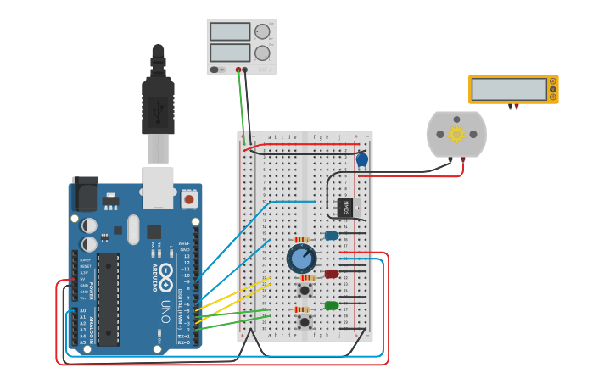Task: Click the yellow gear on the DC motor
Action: [x=456, y=134]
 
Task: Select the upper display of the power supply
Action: [x=229, y=32]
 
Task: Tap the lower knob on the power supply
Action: [x=262, y=53]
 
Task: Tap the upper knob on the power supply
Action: [x=262, y=32]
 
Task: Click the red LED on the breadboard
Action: [x=332, y=274]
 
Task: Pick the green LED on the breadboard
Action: [x=332, y=305]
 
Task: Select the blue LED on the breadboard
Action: [x=332, y=236]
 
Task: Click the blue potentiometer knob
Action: [x=301, y=258]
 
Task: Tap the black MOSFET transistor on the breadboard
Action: [x=346, y=207]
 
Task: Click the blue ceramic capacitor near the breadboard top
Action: [x=362, y=159]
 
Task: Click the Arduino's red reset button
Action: [x=188, y=199]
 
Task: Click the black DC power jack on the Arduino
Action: [x=85, y=194]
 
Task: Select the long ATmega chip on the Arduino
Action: [x=108, y=298]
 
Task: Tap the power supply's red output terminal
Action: [x=245, y=70]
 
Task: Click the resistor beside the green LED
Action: [x=302, y=309]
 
